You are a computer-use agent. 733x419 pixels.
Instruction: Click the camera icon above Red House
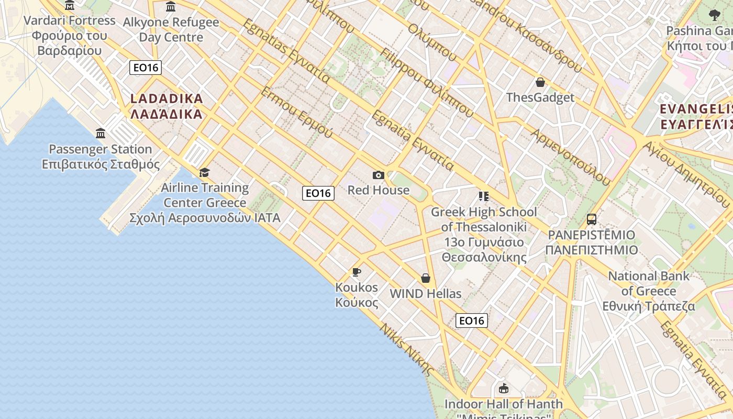pyautogui.click(x=378, y=175)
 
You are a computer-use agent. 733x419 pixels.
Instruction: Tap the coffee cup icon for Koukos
pyautogui.click(x=357, y=272)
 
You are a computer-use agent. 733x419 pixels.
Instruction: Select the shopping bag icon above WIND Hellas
pyautogui.click(x=426, y=278)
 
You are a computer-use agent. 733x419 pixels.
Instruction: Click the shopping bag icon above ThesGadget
pyautogui.click(x=540, y=82)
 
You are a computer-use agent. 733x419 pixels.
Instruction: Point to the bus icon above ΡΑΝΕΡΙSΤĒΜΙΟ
pyautogui.click(x=592, y=219)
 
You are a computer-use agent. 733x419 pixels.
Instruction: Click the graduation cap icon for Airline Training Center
pyautogui.click(x=205, y=172)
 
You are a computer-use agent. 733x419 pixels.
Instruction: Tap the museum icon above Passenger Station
pyautogui.click(x=101, y=133)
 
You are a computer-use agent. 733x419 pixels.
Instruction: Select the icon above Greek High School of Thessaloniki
pyautogui.click(x=484, y=196)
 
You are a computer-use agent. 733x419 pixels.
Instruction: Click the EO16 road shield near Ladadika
pyautogui.click(x=146, y=68)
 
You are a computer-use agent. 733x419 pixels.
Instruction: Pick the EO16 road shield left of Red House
pyautogui.click(x=318, y=193)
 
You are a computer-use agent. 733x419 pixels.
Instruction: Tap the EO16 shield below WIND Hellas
pyautogui.click(x=472, y=321)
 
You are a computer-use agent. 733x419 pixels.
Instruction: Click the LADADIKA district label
pyautogui.click(x=166, y=106)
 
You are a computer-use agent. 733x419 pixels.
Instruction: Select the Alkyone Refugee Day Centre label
pyautogui.click(x=171, y=30)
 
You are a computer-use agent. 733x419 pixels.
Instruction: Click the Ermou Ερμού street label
pyautogui.click(x=296, y=113)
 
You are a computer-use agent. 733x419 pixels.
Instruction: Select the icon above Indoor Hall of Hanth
pyautogui.click(x=504, y=388)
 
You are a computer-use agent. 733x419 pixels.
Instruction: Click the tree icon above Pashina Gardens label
pyautogui.click(x=714, y=15)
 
